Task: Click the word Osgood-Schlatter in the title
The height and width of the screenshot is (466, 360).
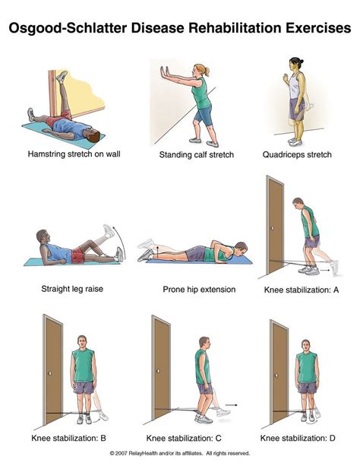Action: click(68, 28)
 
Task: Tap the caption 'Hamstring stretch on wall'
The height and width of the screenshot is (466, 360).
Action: click(74, 154)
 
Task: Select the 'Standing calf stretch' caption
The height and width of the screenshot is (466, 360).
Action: click(197, 154)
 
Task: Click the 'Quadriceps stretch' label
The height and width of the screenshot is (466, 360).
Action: click(297, 154)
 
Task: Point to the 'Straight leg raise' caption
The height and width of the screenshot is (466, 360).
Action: click(72, 289)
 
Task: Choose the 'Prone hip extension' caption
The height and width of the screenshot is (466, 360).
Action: click(199, 290)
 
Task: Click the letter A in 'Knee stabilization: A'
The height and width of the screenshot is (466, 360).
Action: click(336, 290)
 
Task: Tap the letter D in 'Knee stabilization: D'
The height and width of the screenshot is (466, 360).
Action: click(332, 438)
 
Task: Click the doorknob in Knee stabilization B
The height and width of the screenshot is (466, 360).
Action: click(50, 373)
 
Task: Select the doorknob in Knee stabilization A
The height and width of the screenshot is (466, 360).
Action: click(273, 228)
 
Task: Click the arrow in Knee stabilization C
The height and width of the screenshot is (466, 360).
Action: click(231, 404)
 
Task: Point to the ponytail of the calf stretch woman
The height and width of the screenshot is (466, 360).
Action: click(207, 71)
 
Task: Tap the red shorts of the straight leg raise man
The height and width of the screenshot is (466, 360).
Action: click(78, 255)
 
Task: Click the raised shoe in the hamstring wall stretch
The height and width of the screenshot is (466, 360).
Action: click(62, 77)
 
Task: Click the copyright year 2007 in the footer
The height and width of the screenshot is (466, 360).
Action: click(121, 453)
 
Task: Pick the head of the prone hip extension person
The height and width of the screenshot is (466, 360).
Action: click(240, 249)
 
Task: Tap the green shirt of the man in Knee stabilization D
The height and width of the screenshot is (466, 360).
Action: click(307, 367)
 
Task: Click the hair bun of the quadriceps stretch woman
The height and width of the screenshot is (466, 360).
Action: click(302, 62)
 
